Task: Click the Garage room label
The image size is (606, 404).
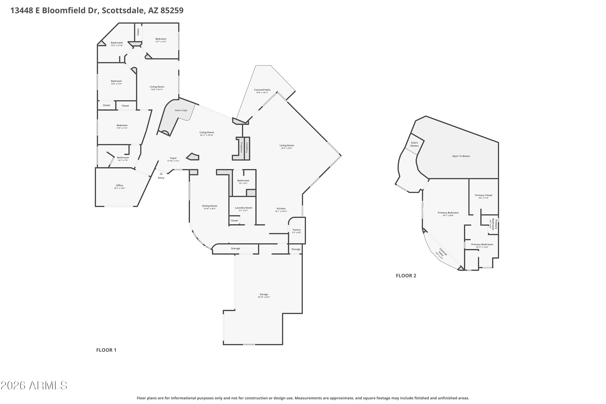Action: tap(264, 294)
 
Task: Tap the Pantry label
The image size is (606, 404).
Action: tap(297, 230)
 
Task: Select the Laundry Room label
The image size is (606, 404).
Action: tap(243, 208)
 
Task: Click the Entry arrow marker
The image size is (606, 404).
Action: tap(161, 174)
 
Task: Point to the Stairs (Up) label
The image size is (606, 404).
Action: tap(181, 110)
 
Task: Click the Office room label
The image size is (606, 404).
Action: tap(120, 185)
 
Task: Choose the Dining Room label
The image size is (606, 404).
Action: tap(209, 206)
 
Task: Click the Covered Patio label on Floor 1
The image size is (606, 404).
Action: tap(262, 90)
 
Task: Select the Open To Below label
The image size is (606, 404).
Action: tap(461, 156)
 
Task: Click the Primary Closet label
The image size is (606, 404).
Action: tap(484, 195)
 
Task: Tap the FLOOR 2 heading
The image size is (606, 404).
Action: tap(406, 276)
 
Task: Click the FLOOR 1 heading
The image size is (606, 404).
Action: tap(106, 350)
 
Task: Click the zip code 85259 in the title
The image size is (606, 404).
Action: tap(172, 11)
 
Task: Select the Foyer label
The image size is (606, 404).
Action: tap(173, 158)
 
